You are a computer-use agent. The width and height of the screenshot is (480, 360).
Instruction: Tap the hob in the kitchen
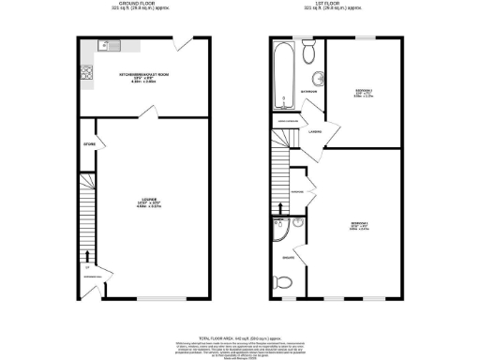[86, 71]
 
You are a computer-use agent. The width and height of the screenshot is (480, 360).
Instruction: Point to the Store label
[90, 144]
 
